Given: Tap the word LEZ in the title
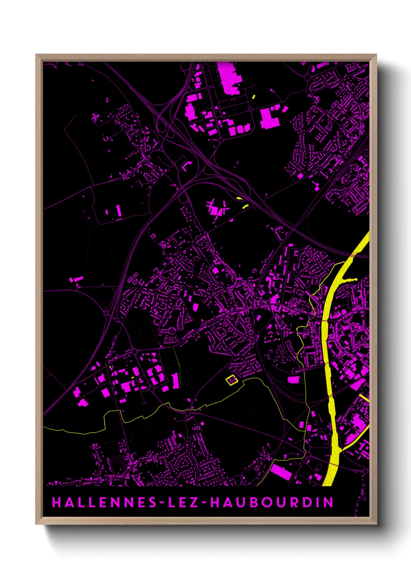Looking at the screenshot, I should click(184, 502).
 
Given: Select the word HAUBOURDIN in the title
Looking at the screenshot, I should click(272, 502).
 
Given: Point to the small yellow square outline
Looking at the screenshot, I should click(232, 380).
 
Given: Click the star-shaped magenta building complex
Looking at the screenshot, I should click(218, 208).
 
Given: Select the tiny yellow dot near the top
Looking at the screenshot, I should click(254, 96).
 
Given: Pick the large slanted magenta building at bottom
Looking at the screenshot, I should click(281, 472).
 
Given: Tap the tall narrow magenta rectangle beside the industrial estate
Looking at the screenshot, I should click(176, 381).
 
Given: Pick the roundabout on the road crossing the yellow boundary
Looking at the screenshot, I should click(188, 413).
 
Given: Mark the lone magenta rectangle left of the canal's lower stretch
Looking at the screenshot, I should click(294, 379).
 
